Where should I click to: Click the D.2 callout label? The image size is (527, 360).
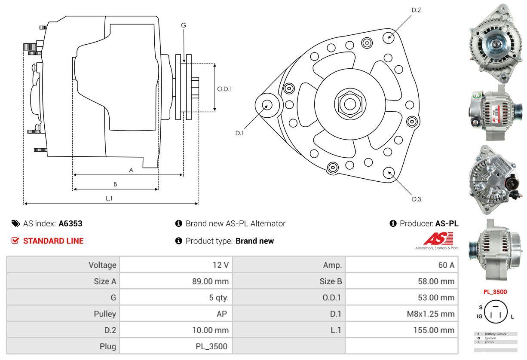coord(416,10)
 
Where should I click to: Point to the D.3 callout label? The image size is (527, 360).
coord(416,199)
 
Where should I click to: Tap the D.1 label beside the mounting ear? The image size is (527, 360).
coord(239,133)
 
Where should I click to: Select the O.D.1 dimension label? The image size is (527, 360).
coord(224,89)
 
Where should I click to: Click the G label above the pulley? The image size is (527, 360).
coord(184,25)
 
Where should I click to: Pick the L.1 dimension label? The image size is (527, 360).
coord(109,198)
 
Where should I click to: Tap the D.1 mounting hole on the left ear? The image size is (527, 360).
coord(267,104)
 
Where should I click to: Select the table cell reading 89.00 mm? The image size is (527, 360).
coord(210,282)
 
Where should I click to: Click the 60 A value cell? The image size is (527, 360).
coord(446,265)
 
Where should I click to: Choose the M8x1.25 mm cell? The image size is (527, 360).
coord(430,314)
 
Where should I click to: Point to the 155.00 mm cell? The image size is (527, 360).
coord(435,330)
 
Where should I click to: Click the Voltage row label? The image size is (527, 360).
coord(102,265)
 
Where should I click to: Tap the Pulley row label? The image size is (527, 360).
coord(105,314)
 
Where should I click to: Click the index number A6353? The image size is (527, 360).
coord(70,224)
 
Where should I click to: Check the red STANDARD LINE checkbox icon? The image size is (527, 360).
coord(15,241)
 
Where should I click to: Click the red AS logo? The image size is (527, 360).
coord(438,239)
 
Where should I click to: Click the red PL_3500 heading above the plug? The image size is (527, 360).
coord(495,292)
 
